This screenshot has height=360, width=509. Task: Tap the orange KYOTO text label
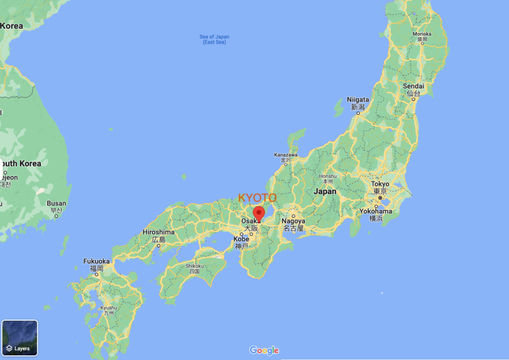click(257, 198)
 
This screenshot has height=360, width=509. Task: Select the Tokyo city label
click(380, 184)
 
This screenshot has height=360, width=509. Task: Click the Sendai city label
click(413, 86)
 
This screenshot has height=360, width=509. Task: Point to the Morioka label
click(422, 34)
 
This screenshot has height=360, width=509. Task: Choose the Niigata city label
click(358, 99)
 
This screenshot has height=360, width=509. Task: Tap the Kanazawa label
click(286, 155)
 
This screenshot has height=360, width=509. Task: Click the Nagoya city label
click(293, 221)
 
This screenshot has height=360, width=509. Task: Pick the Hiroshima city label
click(159, 232)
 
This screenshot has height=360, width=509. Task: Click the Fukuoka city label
click(96, 261)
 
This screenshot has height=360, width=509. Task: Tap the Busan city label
click(56, 203)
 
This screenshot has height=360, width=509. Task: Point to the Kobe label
click(241, 239)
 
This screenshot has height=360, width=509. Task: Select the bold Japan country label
click(325, 191)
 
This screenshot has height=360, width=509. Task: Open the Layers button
click(20, 338)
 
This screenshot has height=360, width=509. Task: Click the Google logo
click(264, 351)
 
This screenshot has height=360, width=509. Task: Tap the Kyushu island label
click(108, 308)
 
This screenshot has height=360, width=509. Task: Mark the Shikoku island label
click(194, 266)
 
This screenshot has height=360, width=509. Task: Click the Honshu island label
click(328, 176)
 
